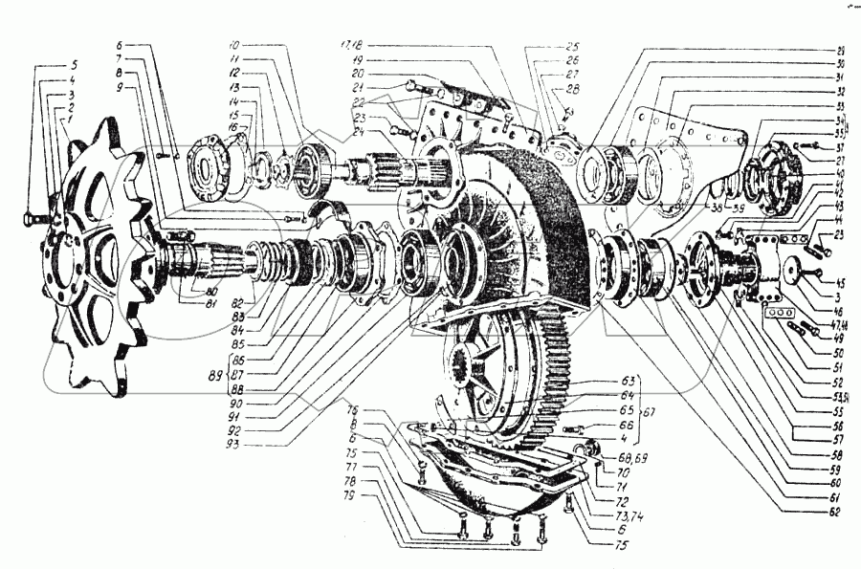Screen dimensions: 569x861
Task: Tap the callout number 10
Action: (x=233, y=45)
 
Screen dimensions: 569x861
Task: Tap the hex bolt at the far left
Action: (x=30, y=219)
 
